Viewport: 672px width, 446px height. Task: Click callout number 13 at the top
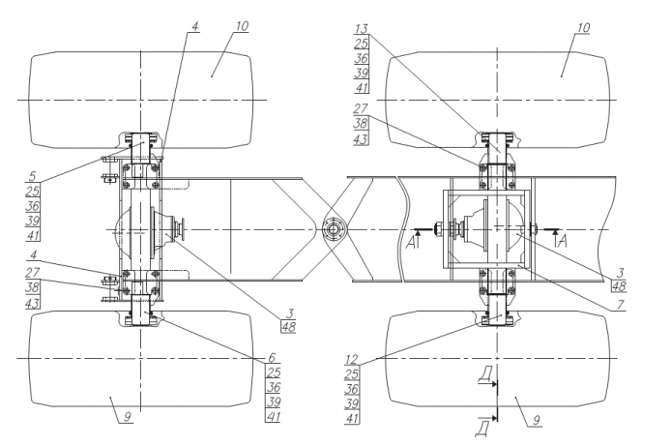click(x=362, y=29)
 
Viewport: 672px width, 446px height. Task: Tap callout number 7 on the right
click(x=620, y=305)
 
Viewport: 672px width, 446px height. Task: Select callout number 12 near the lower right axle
click(x=351, y=359)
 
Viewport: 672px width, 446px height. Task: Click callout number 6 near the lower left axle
click(x=272, y=357)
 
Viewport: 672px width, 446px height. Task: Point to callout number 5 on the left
click(x=33, y=176)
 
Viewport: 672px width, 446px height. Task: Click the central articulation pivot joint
click(x=333, y=229)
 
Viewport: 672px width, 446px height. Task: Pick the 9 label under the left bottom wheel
click(x=128, y=416)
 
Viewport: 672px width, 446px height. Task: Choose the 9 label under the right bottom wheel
click(x=536, y=420)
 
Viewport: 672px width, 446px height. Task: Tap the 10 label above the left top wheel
click(x=242, y=26)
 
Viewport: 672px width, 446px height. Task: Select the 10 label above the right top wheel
click(x=583, y=28)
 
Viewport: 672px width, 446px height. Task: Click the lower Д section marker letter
click(x=482, y=429)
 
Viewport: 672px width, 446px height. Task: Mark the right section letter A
click(x=563, y=242)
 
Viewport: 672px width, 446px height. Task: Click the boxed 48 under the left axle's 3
click(x=289, y=327)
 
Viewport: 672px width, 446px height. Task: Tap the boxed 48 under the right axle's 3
click(x=619, y=286)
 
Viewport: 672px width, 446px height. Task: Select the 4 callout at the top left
click(x=195, y=26)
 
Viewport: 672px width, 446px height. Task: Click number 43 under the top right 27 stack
click(x=361, y=139)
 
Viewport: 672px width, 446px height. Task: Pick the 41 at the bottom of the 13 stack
click(x=362, y=88)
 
